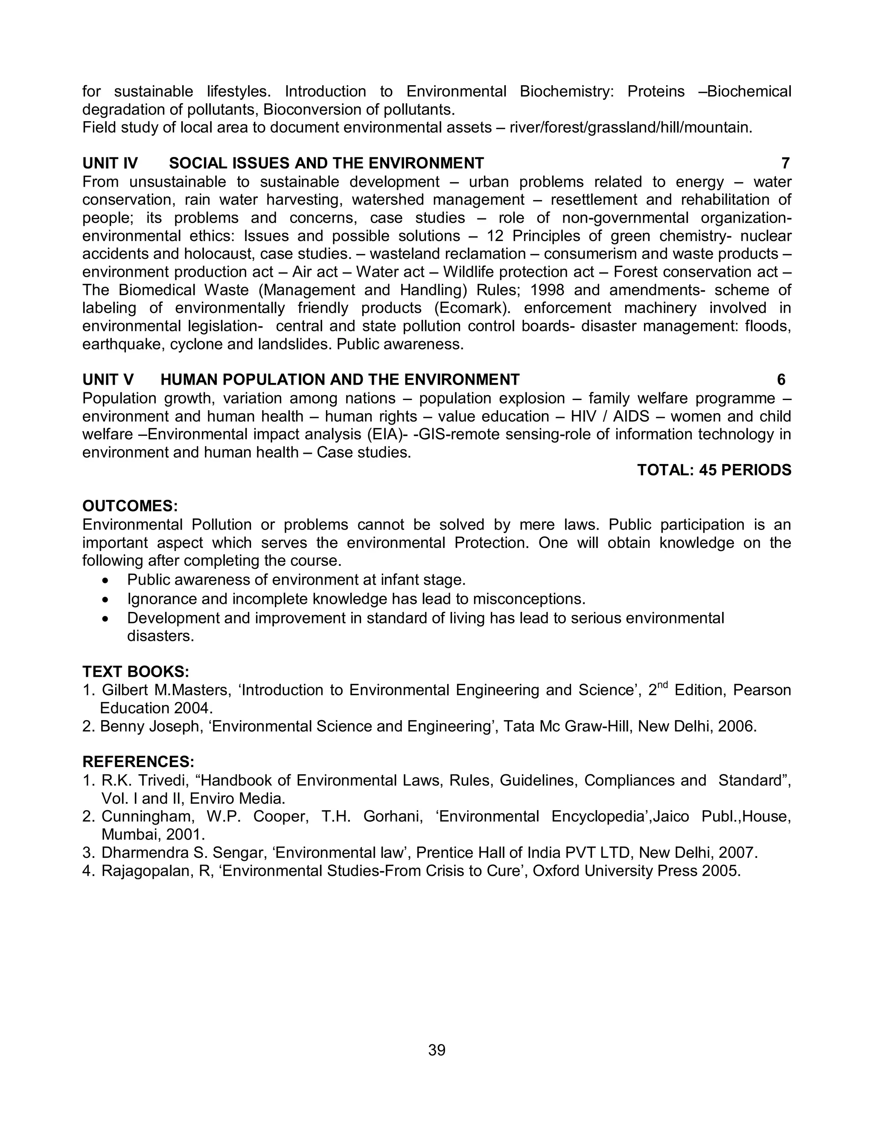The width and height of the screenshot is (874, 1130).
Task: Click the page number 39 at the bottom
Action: coord(437,1050)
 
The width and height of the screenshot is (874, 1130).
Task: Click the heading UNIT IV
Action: coord(110,163)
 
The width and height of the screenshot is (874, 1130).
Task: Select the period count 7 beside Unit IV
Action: coord(785,163)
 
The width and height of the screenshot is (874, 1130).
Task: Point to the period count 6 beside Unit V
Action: coord(781,380)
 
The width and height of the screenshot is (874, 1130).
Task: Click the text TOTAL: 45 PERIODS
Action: coord(714,470)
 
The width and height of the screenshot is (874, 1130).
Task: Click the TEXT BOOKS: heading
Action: coord(136,672)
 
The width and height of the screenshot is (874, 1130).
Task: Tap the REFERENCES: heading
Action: coord(138,762)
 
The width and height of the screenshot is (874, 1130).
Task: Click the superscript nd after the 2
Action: coord(663,685)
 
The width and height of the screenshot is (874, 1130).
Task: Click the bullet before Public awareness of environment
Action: coord(106,580)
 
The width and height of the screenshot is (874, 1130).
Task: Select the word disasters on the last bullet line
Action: coord(160,636)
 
